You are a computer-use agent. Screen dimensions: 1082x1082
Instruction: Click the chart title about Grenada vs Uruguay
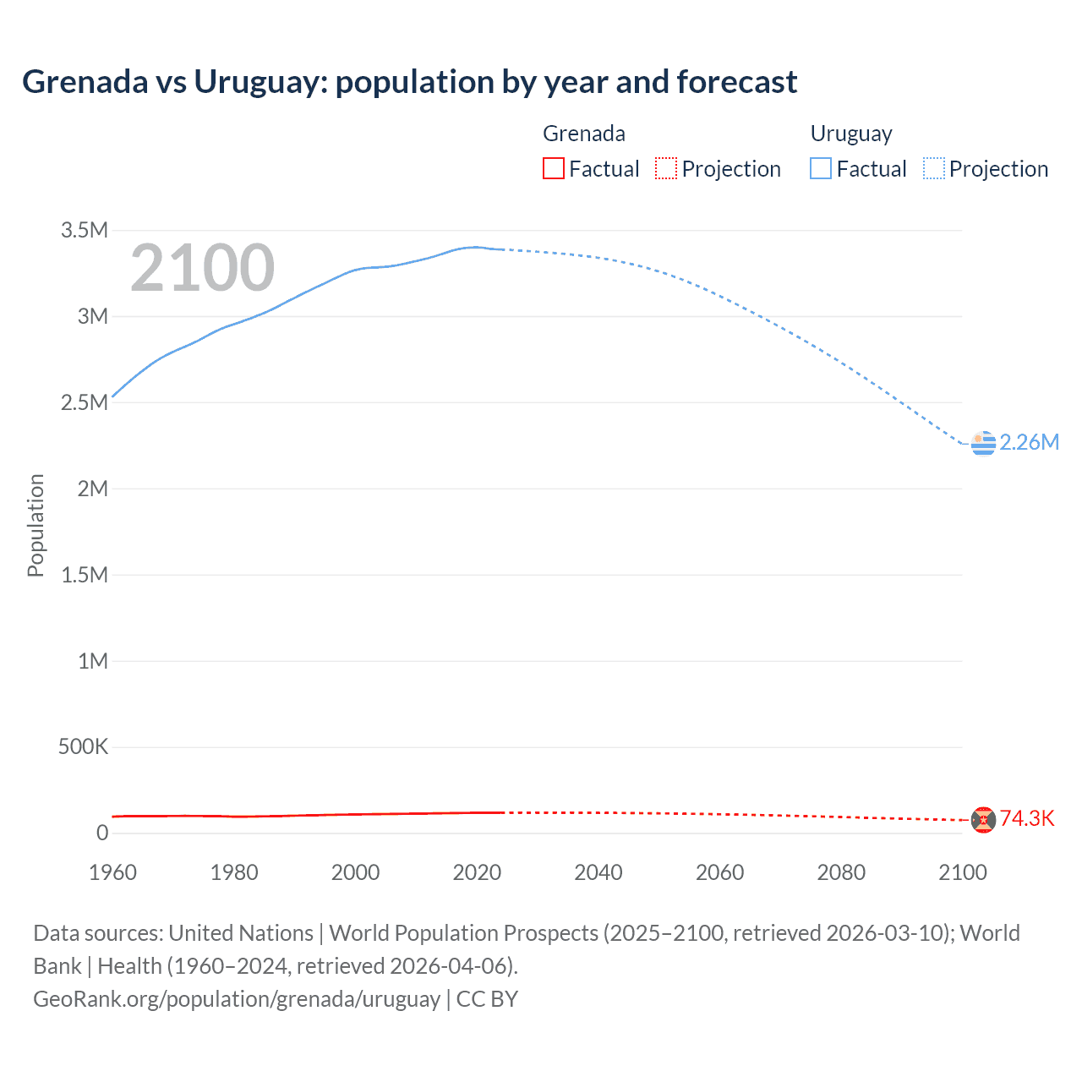(409, 82)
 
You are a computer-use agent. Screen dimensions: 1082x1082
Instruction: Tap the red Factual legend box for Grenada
(553, 168)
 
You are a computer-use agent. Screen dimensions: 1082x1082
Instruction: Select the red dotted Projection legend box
(666, 168)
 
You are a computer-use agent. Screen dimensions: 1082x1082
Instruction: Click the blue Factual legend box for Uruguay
(820, 168)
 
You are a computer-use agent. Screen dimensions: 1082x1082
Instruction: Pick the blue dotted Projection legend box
(934, 168)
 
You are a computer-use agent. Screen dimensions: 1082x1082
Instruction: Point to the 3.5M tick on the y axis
(85, 231)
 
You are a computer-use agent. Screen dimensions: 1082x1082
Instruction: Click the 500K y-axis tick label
(83, 747)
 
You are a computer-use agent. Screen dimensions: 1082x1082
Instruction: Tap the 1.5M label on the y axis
(85, 575)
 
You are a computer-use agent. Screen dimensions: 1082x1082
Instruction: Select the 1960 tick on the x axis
(112, 872)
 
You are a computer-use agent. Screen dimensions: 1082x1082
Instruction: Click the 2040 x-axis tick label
(598, 872)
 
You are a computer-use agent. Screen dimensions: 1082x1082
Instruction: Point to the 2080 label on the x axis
(841, 872)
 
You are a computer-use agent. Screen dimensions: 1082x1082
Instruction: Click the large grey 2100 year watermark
(202, 268)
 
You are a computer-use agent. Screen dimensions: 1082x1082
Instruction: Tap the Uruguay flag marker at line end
(983, 443)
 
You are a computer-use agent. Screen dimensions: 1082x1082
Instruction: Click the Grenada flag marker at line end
(982, 819)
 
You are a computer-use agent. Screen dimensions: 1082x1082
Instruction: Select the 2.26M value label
(1029, 443)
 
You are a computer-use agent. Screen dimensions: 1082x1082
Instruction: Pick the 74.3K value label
(1027, 818)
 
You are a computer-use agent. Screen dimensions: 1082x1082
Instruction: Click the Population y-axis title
(36, 525)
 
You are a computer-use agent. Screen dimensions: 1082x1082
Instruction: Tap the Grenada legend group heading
(584, 134)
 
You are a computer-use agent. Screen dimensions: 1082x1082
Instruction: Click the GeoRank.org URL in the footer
(237, 999)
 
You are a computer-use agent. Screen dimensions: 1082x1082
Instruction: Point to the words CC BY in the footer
(487, 999)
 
